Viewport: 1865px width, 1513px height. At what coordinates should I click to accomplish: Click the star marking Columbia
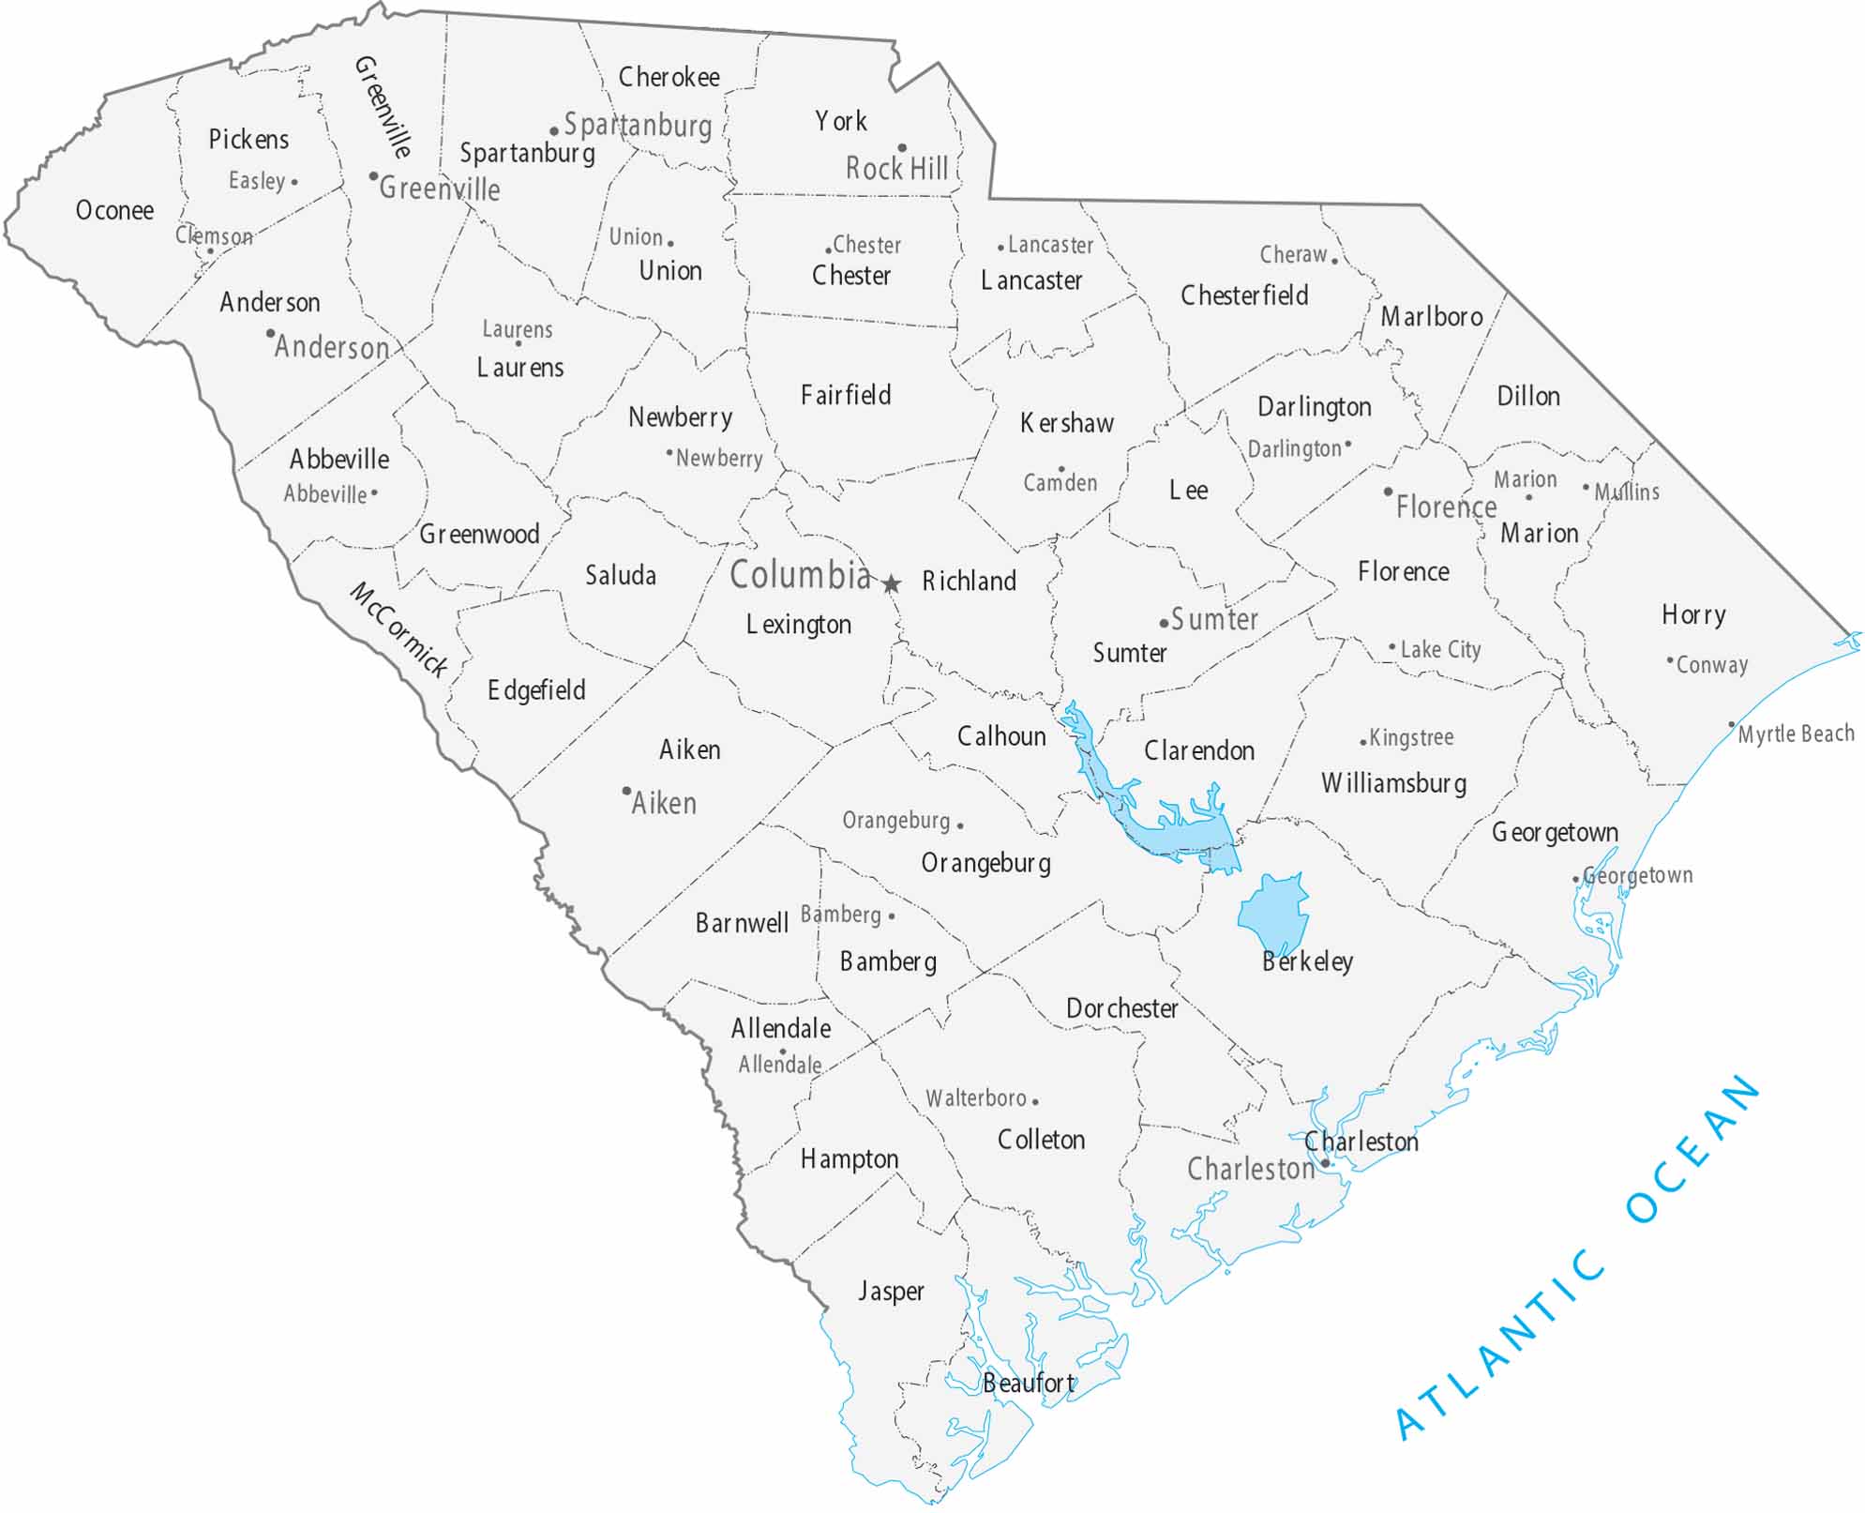click(x=891, y=584)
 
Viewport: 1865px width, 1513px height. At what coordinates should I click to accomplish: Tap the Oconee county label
click(x=114, y=210)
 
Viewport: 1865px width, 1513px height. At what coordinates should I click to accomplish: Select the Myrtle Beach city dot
click(x=1731, y=725)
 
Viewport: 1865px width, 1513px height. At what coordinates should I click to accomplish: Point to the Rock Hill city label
click(x=896, y=169)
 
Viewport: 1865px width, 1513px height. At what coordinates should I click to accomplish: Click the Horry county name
click(x=1693, y=614)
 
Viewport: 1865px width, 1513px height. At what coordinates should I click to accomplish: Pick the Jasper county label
click(x=891, y=1292)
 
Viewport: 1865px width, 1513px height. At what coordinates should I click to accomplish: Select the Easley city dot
click(x=294, y=182)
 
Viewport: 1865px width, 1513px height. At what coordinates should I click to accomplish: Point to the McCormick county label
click(x=399, y=629)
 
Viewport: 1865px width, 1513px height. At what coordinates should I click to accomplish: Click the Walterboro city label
click(x=976, y=1097)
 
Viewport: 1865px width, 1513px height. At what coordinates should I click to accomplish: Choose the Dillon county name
click(x=1528, y=396)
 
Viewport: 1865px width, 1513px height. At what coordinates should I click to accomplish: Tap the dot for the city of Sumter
click(x=1164, y=623)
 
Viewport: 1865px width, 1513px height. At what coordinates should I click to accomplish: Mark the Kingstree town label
click(x=1411, y=737)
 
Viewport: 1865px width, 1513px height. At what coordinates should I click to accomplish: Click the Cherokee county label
click(x=669, y=77)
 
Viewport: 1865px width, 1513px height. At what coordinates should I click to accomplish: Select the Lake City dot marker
click(x=1392, y=647)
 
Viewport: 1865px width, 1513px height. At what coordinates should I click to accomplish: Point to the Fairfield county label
click(x=846, y=395)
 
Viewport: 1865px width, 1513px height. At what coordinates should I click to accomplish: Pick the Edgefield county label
click(x=536, y=690)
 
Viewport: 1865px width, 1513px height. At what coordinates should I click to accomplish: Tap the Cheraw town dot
click(x=1334, y=261)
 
